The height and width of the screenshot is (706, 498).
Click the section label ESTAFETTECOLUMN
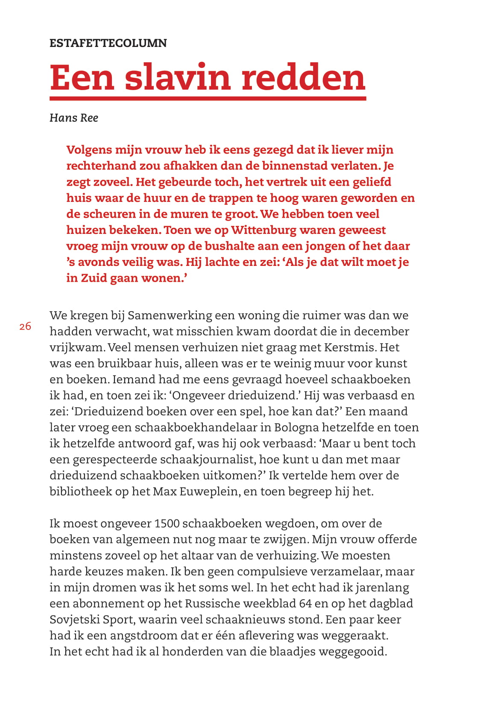[108, 43]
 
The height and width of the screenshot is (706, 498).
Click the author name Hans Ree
[74, 118]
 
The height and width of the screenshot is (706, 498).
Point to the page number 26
[25, 327]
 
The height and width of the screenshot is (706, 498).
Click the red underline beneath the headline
[208, 99]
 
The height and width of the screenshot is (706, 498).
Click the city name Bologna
[296, 428]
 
